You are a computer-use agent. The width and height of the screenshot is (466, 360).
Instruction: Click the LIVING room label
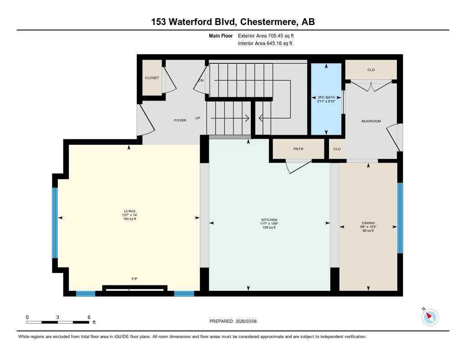[130, 211]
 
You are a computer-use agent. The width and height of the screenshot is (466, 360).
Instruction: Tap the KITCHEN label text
[269, 220]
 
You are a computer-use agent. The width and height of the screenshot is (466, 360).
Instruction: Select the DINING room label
[368, 223]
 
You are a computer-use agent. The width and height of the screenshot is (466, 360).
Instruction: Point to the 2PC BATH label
[326, 97]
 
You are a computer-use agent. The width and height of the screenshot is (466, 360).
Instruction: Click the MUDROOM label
[371, 121]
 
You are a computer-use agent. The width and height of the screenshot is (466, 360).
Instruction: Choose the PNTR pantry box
[298, 149]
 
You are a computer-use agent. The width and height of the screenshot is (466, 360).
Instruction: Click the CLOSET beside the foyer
[152, 78]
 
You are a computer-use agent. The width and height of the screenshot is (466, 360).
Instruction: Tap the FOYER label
[180, 120]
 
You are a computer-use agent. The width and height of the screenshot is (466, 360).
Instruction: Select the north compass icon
[430, 317]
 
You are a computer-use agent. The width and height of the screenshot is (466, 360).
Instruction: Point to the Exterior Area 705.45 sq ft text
[269, 35]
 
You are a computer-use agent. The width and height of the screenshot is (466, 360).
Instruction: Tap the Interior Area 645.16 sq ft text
[265, 44]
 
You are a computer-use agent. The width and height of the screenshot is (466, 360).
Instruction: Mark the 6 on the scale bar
[89, 317]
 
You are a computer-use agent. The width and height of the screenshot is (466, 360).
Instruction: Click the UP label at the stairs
[198, 118]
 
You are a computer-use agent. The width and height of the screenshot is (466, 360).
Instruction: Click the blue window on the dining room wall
[400, 218]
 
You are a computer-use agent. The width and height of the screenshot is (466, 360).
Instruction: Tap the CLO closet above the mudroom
[371, 70]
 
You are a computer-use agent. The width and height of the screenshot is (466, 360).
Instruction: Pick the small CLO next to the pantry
[337, 149]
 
